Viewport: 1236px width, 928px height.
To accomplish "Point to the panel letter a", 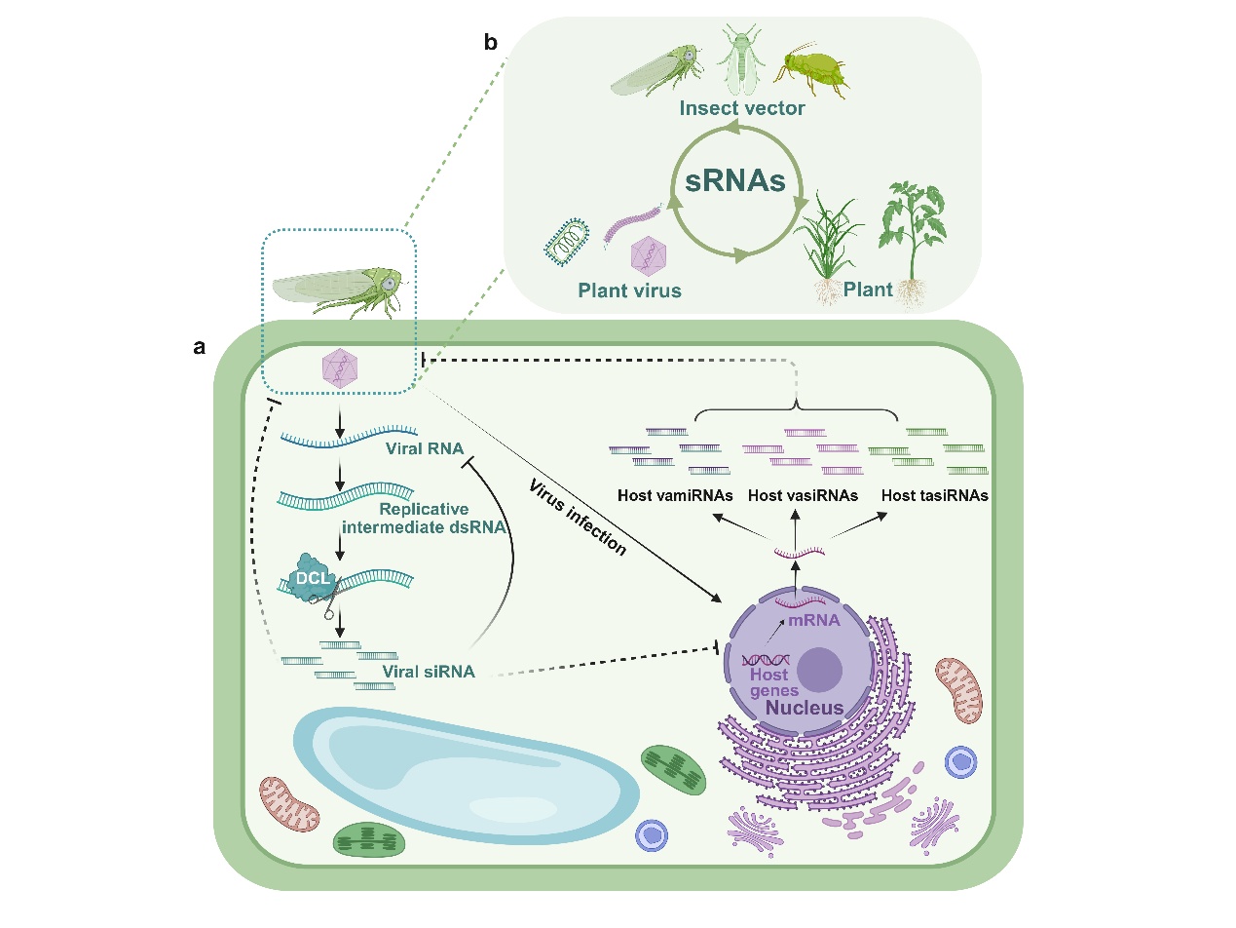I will [x=200, y=346].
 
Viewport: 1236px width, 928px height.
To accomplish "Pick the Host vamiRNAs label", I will [x=675, y=495].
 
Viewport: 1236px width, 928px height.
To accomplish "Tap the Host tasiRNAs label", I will [x=935, y=495].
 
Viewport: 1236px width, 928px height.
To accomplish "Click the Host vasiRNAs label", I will [x=803, y=495].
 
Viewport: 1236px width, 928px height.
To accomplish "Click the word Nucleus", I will [x=805, y=706].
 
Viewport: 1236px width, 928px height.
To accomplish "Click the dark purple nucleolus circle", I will [x=820, y=672].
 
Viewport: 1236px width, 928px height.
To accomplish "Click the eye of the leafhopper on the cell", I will [x=388, y=282].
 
